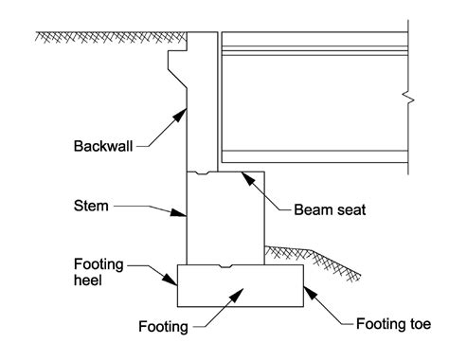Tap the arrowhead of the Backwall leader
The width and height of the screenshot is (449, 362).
coord(183,110)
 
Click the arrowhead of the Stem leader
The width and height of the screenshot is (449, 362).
coord(184,214)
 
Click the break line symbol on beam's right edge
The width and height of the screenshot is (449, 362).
coord(408,97)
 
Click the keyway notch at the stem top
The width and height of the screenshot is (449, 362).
coord(197,173)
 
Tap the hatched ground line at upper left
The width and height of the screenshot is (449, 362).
coord(104,37)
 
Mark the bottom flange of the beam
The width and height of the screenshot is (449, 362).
coord(313,154)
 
